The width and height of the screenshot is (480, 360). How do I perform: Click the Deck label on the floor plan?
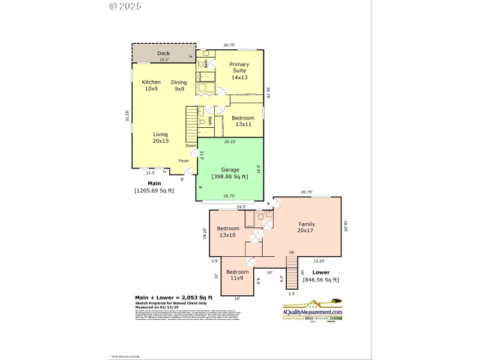pos(164,53)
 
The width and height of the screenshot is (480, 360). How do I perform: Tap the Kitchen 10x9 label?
pos(151,85)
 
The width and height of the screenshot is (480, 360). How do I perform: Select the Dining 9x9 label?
pos(179,85)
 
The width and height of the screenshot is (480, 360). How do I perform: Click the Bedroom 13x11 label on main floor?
pos(242,121)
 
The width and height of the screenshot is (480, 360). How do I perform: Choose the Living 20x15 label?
pos(160,137)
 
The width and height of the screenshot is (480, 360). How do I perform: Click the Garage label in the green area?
pos(230,170)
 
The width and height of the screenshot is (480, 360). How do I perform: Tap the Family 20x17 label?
pos(306,227)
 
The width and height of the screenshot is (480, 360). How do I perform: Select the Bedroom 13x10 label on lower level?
pos(228,232)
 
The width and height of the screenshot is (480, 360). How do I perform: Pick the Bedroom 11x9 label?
pos(237,275)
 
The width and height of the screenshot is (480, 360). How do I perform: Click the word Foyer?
pos(184,161)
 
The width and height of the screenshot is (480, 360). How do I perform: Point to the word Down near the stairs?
pos(190,146)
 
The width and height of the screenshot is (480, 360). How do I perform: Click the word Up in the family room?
pos(292,252)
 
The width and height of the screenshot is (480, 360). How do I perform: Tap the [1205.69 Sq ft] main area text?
pos(154,191)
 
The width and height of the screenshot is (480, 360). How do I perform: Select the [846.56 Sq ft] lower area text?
pos(321,280)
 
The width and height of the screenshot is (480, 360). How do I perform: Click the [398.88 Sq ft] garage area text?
pos(230,176)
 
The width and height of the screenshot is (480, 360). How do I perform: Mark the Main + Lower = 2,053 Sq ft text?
pos(173,298)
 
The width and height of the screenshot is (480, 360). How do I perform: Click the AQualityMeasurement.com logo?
pos(312,312)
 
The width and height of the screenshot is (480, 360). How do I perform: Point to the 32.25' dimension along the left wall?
pos(127,116)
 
